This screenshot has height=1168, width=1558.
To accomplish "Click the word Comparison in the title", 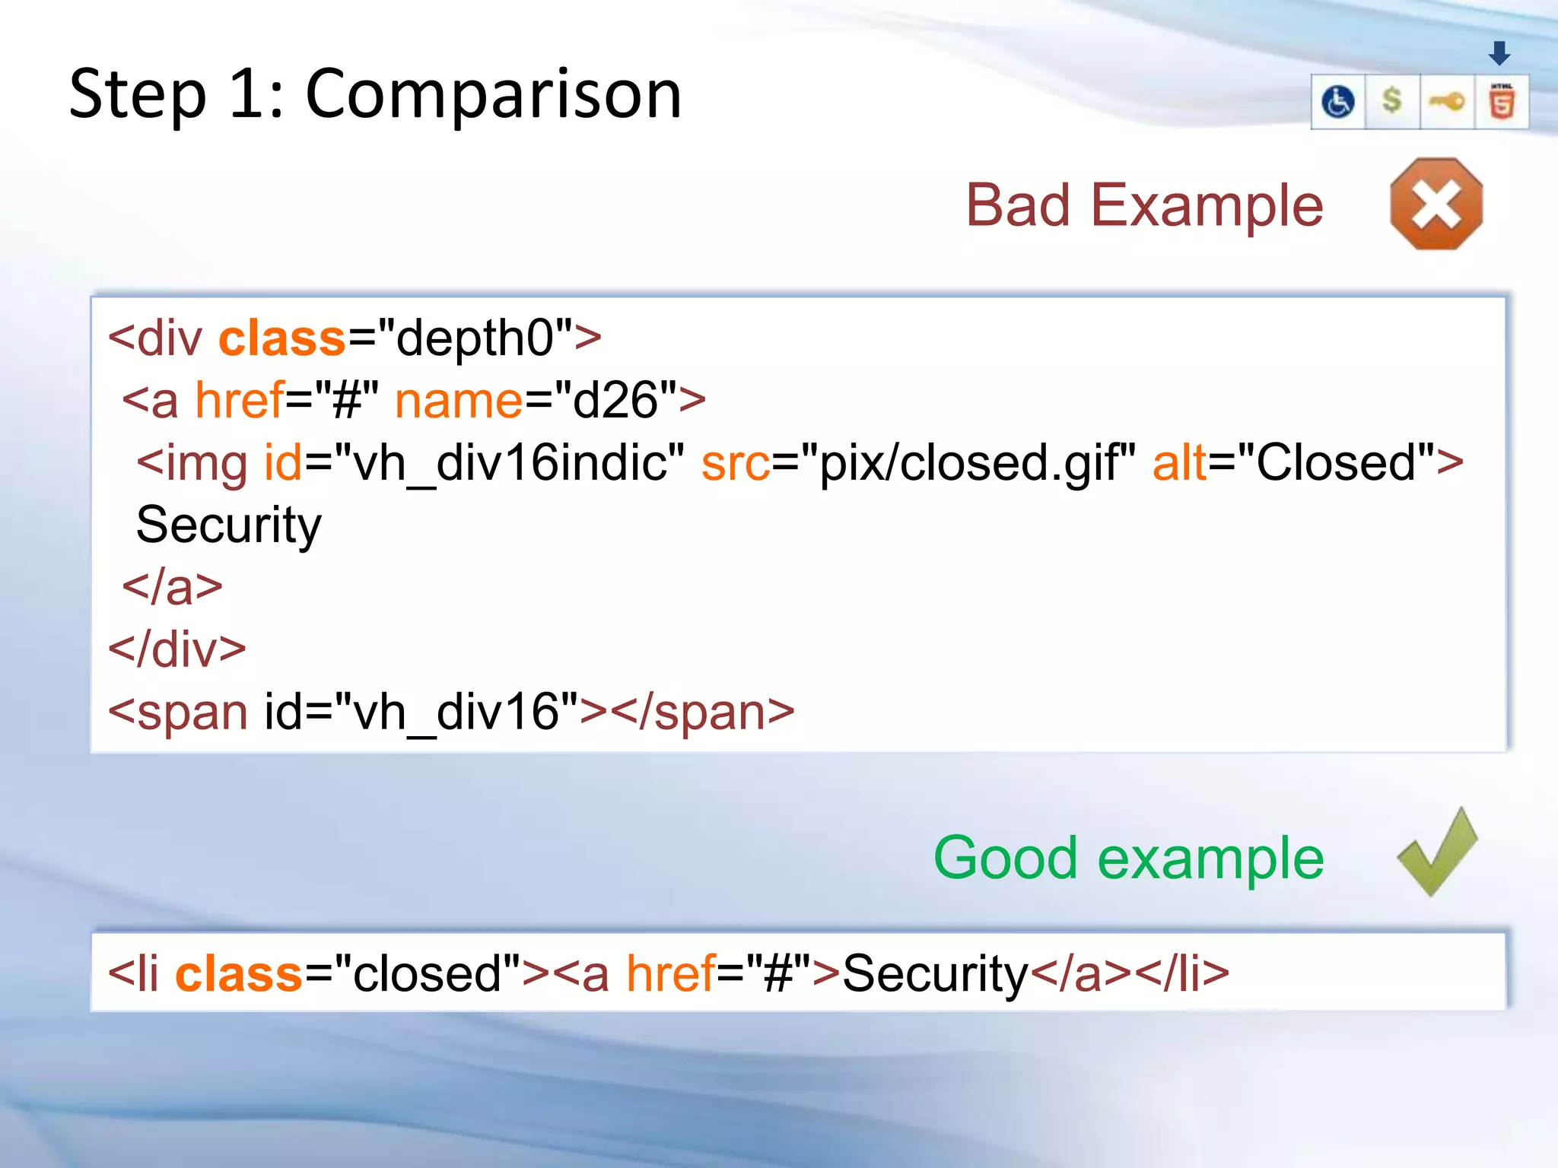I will [493, 94].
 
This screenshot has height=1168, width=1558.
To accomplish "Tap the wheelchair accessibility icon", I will [1337, 102].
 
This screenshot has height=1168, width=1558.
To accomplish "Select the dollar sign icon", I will [1391, 100].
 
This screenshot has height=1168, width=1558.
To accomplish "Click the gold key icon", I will [1446, 101].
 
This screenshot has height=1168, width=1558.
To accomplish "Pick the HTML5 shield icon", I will [1501, 102].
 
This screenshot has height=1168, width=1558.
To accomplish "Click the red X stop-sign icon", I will [1436, 204].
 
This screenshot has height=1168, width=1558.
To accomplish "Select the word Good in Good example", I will [1004, 858].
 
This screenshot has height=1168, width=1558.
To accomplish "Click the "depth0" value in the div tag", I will [475, 338].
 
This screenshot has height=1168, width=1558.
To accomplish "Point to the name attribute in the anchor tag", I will [459, 401].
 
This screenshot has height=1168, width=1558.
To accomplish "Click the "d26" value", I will [615, 401].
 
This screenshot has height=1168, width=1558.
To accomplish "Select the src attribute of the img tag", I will [735, 463].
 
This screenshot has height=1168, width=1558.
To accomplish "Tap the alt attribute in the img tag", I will [1179, 463].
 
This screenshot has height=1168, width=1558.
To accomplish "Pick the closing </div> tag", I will [177, 649].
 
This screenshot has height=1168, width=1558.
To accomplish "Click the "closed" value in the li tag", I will [426, 973].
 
